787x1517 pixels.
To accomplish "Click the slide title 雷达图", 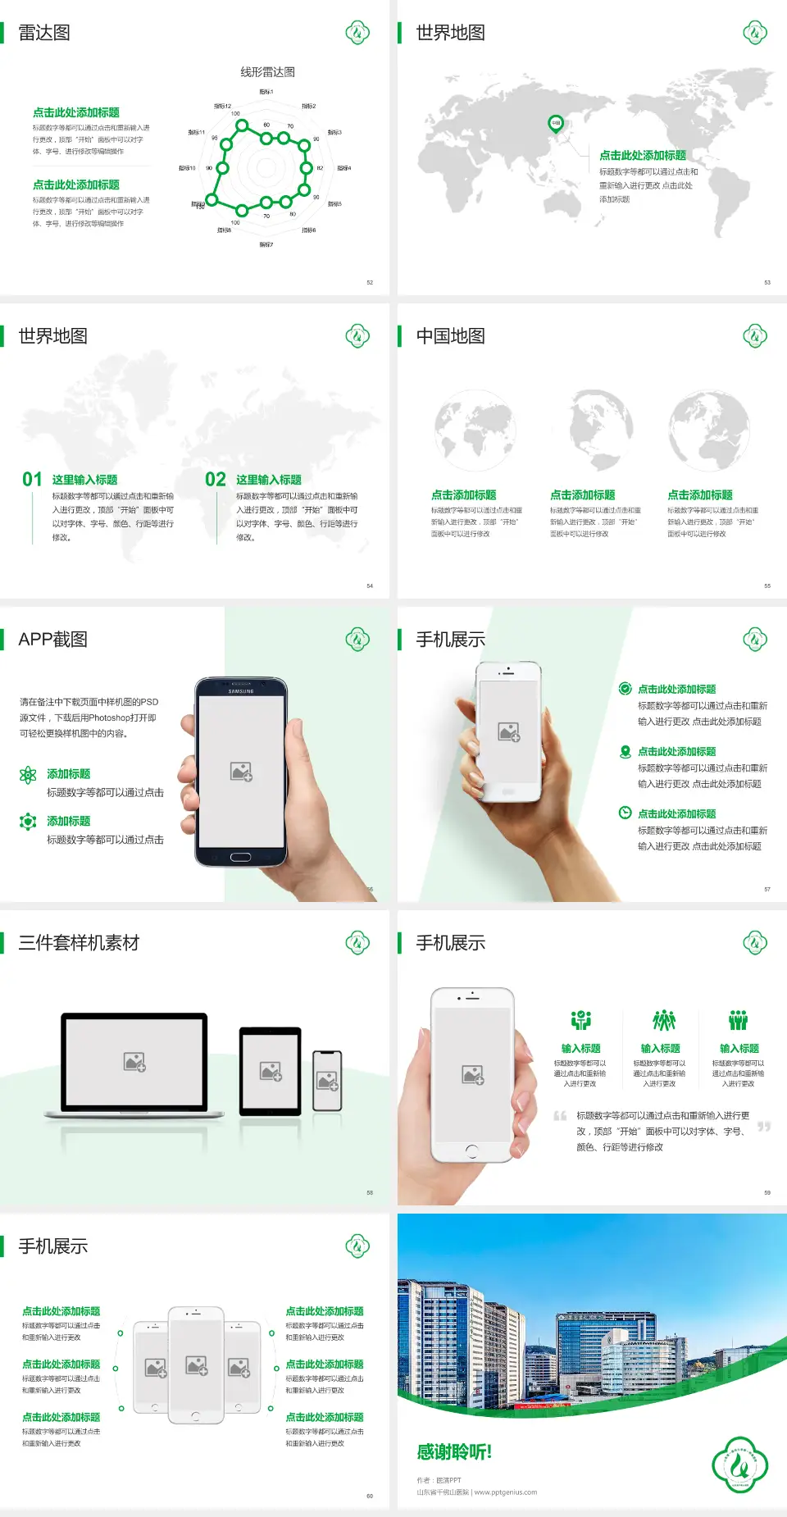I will click(x=44, y=33).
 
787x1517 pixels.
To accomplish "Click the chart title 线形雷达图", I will click(x=267, y=72).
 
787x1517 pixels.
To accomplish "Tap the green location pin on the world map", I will click(x=556, y=124).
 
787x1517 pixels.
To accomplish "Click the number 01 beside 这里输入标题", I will click(x=32, y=480).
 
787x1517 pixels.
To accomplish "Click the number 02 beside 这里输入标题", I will click(x=216, y=480).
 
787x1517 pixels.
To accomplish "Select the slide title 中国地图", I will click(x=450, y=336).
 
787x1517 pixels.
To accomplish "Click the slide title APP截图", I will click(x=53, y=640).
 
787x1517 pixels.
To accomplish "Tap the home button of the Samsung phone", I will click(x=240, y=857).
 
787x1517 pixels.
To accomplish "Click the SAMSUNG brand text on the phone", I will click(x=241, y=691).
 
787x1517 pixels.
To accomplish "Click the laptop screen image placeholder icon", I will click(x=134, y=1062).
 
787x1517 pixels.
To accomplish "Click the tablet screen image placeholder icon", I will click(x=271, y=1071).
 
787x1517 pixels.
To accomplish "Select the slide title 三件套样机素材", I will click(x=79, y=943).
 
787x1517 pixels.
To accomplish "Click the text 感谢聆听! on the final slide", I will click(x=454, y=1452).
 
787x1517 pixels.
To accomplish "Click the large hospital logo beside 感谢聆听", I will click(x=739, y=1465).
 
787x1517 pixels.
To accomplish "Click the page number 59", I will click(x=767, y=1192).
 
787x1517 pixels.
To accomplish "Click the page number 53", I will click(x=767, y=282).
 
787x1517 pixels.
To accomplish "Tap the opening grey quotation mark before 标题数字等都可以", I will click(x=560, y=1116).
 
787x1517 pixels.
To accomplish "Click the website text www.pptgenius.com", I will click(x=506, y=1492).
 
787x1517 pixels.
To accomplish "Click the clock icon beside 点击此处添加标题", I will click(x=625, y=813).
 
